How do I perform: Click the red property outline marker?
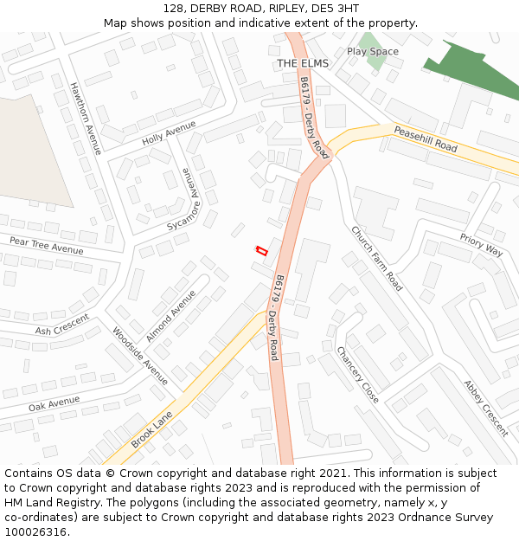[x=260, y=251]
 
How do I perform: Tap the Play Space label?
[x=373, y=52]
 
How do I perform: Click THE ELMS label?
[x=304, y=64]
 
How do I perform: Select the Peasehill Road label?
[x=426, y=139]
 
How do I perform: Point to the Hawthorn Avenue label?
[x=86, y=119]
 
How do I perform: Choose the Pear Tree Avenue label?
[x=47, y=245]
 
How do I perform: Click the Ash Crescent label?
[x=62, y=325]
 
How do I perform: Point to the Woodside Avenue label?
[x=140, y=356]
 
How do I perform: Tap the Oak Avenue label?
[x=54, y=403]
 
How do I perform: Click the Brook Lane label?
[x=151, y=429]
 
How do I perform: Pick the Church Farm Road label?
[x=377, y=258]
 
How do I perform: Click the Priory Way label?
[x=481, y=245]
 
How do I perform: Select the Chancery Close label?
[x=357, y=375]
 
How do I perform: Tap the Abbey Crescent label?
[x=485, y=408]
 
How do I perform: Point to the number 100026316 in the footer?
[x=34, y=532]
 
